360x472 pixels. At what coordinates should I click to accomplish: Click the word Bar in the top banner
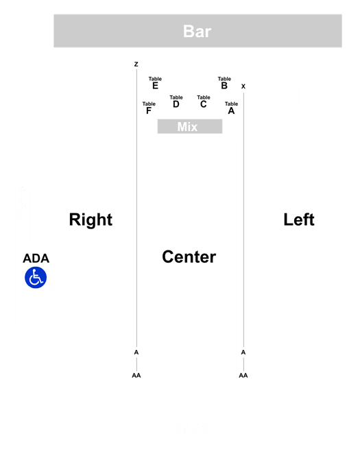(197, 32)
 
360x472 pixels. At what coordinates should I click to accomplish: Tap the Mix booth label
(187, 127)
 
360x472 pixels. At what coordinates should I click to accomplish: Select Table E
(155, 83)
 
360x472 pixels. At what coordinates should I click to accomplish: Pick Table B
(224, 83)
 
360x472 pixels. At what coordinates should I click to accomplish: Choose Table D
(176, 102)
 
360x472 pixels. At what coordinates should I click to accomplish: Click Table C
(204, 102)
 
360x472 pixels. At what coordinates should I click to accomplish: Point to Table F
(149, 108)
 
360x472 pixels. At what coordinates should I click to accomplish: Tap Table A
(231, 108)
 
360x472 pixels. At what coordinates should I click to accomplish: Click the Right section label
(91, 220)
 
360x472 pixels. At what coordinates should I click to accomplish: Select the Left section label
(299, 220)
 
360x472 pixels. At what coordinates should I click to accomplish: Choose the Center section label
(189, 257)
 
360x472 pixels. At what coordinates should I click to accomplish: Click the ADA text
(36, 258)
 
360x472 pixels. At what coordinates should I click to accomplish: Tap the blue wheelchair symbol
(36, 277)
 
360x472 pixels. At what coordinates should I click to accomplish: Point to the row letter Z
(136, 64)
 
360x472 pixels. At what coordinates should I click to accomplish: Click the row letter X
(243, 86)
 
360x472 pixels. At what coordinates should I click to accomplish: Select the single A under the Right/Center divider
(136, 352)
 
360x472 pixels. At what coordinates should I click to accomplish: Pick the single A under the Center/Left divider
(243, 352)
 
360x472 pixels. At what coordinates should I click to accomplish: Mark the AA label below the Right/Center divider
(136, 375)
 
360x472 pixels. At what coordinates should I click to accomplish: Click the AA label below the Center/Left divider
(243, 375)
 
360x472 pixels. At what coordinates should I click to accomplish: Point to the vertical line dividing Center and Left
(243, 220)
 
